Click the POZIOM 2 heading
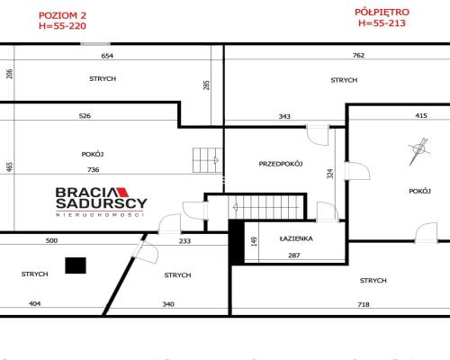click(62, 15)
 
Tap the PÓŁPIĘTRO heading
click(382, 12)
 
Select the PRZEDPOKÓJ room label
click(281, 164)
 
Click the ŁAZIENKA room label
click(296, 238)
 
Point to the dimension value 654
click(107, 56)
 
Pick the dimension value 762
click(358, 55)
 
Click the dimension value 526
click(85, 116)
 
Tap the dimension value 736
click(93, 170)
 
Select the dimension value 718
click(364, 304)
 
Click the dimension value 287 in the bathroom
click(294, 256)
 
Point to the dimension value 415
click(421, 115)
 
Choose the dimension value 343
click(284, 116)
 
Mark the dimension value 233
click(184, 241)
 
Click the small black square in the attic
click(76, 265)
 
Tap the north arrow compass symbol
click(418, 150)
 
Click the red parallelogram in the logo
click(122, 193)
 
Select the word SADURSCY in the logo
click(102, 203)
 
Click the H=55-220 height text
click(62, 26)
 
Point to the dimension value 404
click(34, 303)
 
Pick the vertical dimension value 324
click(330, 174)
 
